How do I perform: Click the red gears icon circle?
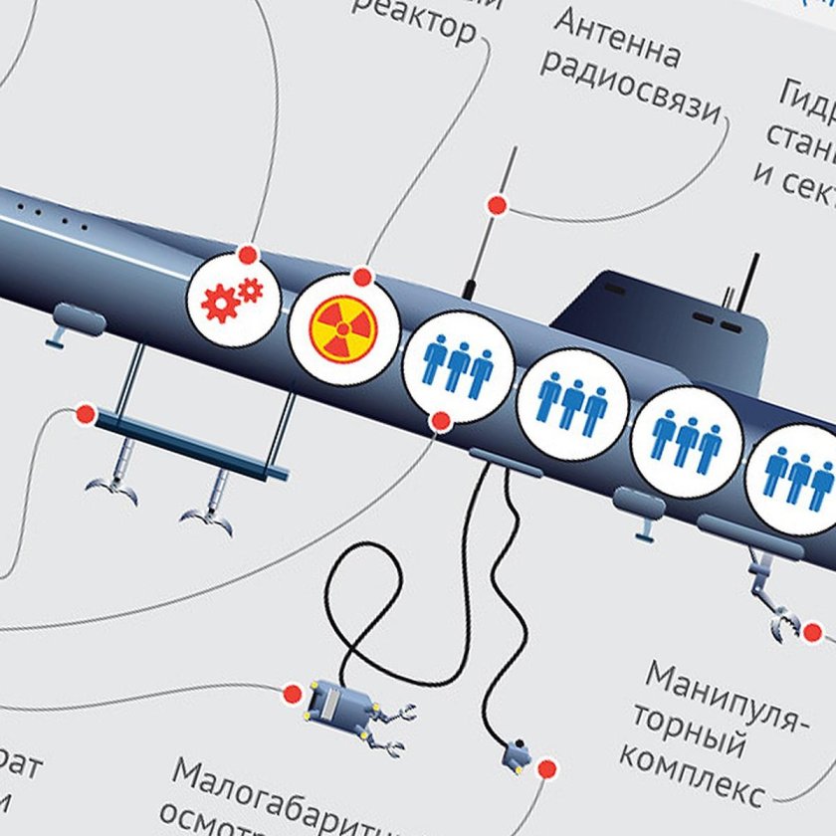(234, 300)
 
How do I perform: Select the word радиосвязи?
(629, 94)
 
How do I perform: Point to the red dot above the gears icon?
(248, 255)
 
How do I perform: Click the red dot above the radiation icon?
(363, 276)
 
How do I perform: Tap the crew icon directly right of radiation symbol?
(457, 365)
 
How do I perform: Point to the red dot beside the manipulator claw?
(812, 632)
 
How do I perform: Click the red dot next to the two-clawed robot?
(293, 694)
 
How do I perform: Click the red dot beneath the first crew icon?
(441, 422)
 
